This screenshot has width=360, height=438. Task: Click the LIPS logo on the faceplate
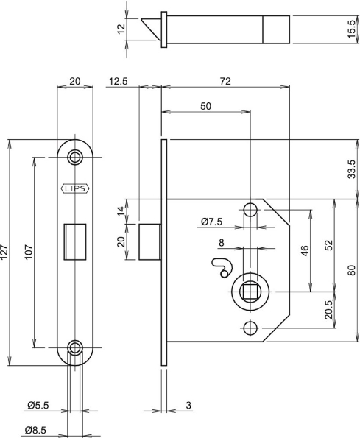click(75, 188)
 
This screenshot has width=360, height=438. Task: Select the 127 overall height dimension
click(8, 254)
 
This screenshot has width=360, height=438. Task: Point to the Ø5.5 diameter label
click(38, 406)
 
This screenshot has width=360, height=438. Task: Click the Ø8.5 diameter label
click(38, 430)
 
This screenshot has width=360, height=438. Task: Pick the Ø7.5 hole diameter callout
click(213, 221)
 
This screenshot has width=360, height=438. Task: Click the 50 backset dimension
click(205, 107)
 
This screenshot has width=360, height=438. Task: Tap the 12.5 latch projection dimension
click(119, 80)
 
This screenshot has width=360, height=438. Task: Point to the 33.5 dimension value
click(353, 169)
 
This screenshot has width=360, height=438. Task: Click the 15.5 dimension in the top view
click(353, 31)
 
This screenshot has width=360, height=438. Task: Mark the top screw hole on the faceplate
click(75, 157)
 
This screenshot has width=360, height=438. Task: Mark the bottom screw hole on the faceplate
click(75, 347)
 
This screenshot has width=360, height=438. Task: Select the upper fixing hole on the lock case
click(250, 211)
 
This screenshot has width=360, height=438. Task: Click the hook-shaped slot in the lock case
click(219, 266)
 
